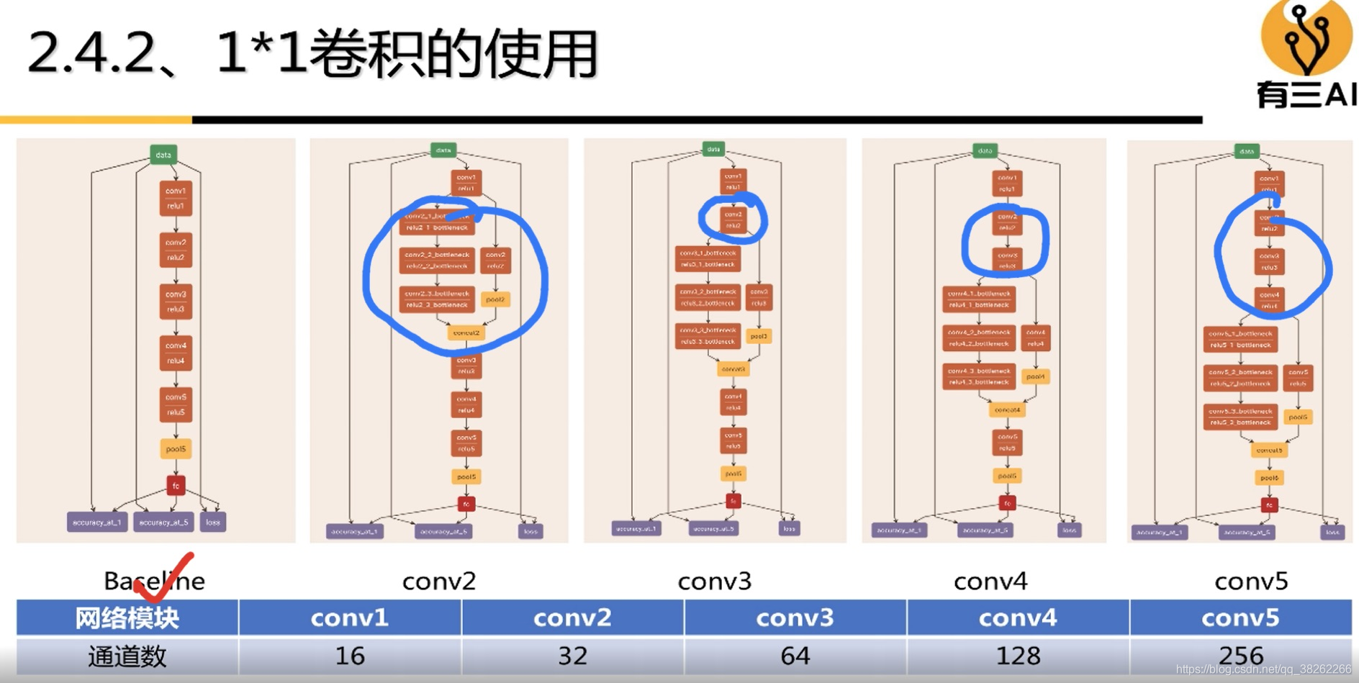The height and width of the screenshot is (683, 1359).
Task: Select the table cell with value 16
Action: pyautogui.click(x=350, y=656)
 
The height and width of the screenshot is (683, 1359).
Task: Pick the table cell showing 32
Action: pyautogui.click(x=572, y=656)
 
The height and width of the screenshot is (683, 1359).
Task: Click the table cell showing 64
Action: pyautogui.click(x=795, y=656)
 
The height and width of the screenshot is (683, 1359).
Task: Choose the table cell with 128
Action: pyautogui.click(x=1018, y=656)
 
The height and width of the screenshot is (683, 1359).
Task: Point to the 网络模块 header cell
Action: pyautogui.click(x=127, y=618)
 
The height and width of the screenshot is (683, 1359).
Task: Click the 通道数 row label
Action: pyautogui.click(x=127, y=656)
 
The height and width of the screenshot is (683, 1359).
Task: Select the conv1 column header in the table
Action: pyautogui.click(x=350, y=618)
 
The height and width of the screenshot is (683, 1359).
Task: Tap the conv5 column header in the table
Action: pyautogui.click(x=1240, y=618)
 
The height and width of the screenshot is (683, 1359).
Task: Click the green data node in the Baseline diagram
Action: pyautogui.click(x=163, y=155)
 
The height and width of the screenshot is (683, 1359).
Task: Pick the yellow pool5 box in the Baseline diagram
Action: pyautogui.click(x=176, y=449)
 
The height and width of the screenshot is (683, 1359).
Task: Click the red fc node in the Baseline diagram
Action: pyautogui.click(x=176, y=486)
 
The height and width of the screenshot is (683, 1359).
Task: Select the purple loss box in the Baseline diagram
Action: pyautogui.click(x=213, y=522)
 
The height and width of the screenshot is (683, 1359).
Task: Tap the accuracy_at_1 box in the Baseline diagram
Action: pyautogui.click(x=97, y=522)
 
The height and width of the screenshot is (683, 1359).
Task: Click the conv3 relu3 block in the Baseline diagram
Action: pyautogui.click(x=176, y=302)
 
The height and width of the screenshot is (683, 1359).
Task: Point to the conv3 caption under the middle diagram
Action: pyautogui.click(x=714, y=581)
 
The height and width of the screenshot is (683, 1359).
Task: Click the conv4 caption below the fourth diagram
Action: pyautogui.click(x=990, y=581)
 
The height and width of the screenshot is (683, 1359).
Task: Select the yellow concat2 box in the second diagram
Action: pyautogui.click(x=466, y=333)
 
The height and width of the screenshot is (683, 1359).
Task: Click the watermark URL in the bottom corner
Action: pyautogui.click(x=1263, y=669)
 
